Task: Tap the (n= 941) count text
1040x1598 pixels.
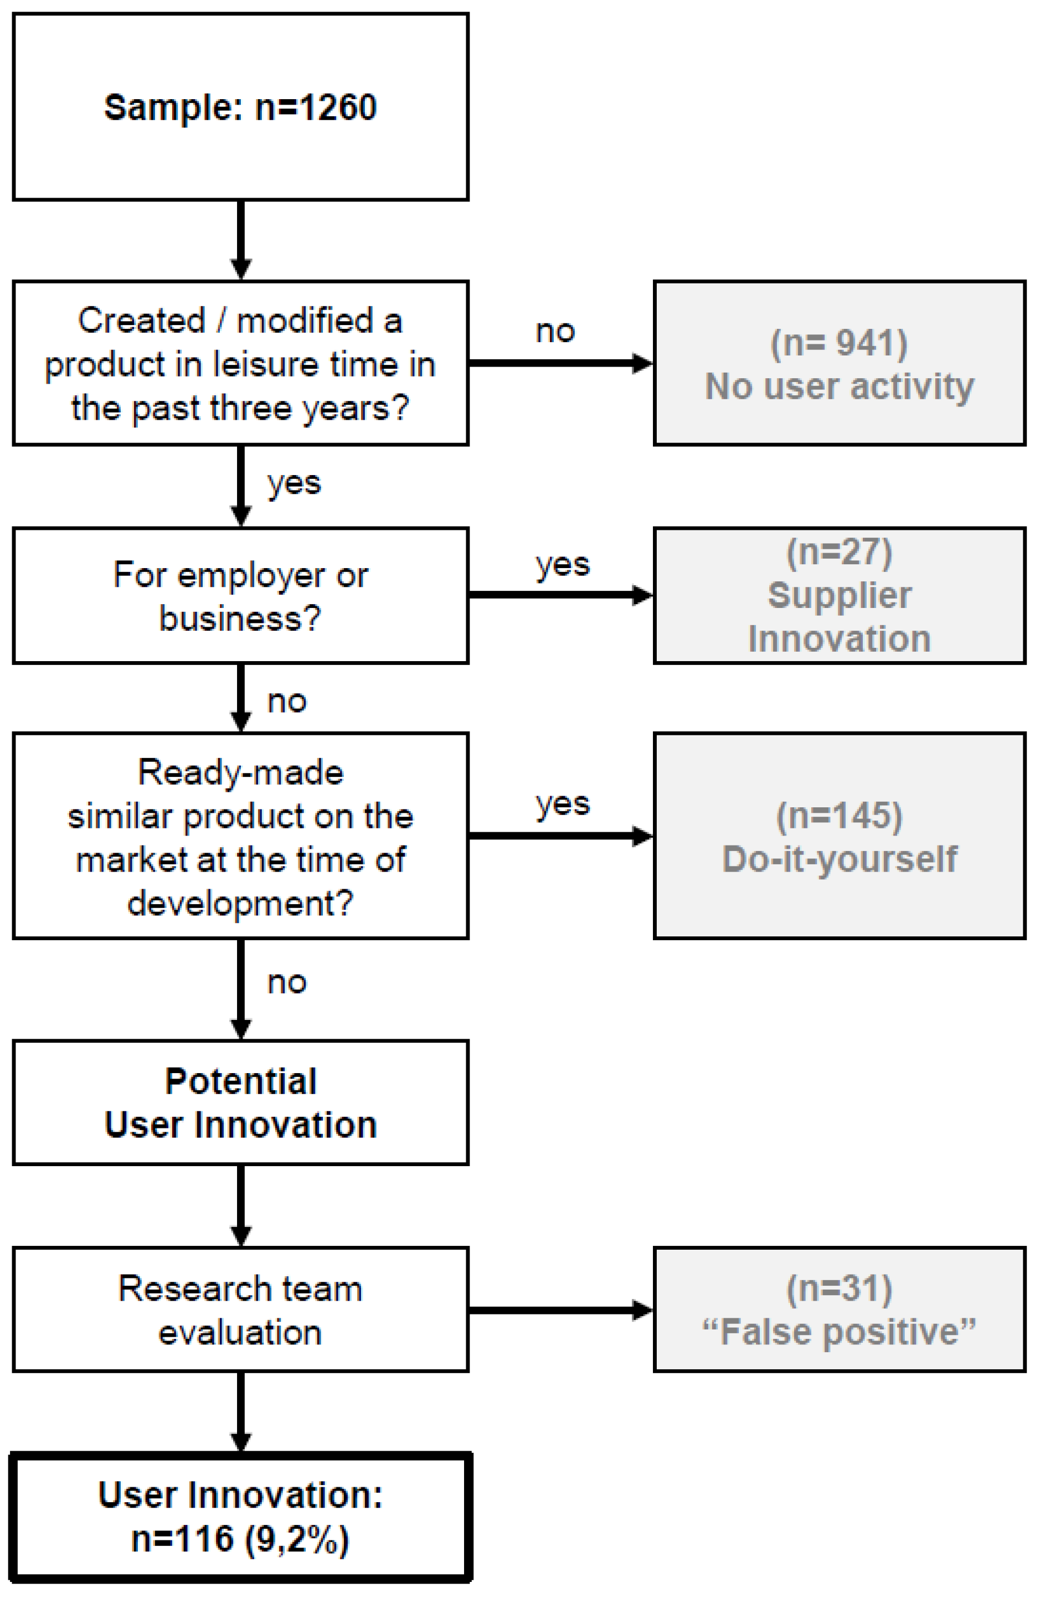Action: (x=838, y=343)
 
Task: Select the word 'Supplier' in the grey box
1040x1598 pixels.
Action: (x=839, y=596)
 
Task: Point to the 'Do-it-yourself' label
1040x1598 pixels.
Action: (x=839, y=859)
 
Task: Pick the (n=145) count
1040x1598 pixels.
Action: (x=839, y=816)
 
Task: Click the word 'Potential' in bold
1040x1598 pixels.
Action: (x=240, y=1082)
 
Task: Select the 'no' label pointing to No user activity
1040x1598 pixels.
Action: (x=555, y=332)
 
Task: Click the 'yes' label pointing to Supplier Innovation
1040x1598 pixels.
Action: (x=563, y=565)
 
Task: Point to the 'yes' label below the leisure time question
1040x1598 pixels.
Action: (x=294, y=483)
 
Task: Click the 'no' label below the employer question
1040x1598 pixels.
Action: (x=287, y=702)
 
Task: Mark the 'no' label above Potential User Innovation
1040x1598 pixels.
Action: (x=287, y=983)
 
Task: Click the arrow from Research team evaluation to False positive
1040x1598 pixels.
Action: (x=560, y=1310)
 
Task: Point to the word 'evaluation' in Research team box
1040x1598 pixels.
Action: (x=240, y=1333)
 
